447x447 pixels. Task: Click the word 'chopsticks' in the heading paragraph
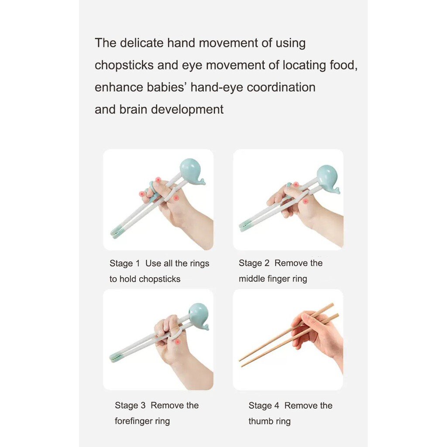(x=124, y=65)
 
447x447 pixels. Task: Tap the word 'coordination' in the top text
(x=281, y=87)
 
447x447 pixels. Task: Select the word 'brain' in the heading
(x=133, y=109)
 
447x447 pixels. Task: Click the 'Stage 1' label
(x=124, y=263)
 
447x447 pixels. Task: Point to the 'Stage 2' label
(x=254, y=263)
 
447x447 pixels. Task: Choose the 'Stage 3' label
(x=130, y=406)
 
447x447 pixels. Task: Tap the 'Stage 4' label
(x=264, y=406)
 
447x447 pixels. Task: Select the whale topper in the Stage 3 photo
(x=199, y=317)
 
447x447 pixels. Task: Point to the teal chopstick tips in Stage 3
(x=117, y=357)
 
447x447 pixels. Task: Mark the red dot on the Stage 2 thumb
(x=305, y=201)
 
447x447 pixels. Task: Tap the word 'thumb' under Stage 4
(x=260, y=421)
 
